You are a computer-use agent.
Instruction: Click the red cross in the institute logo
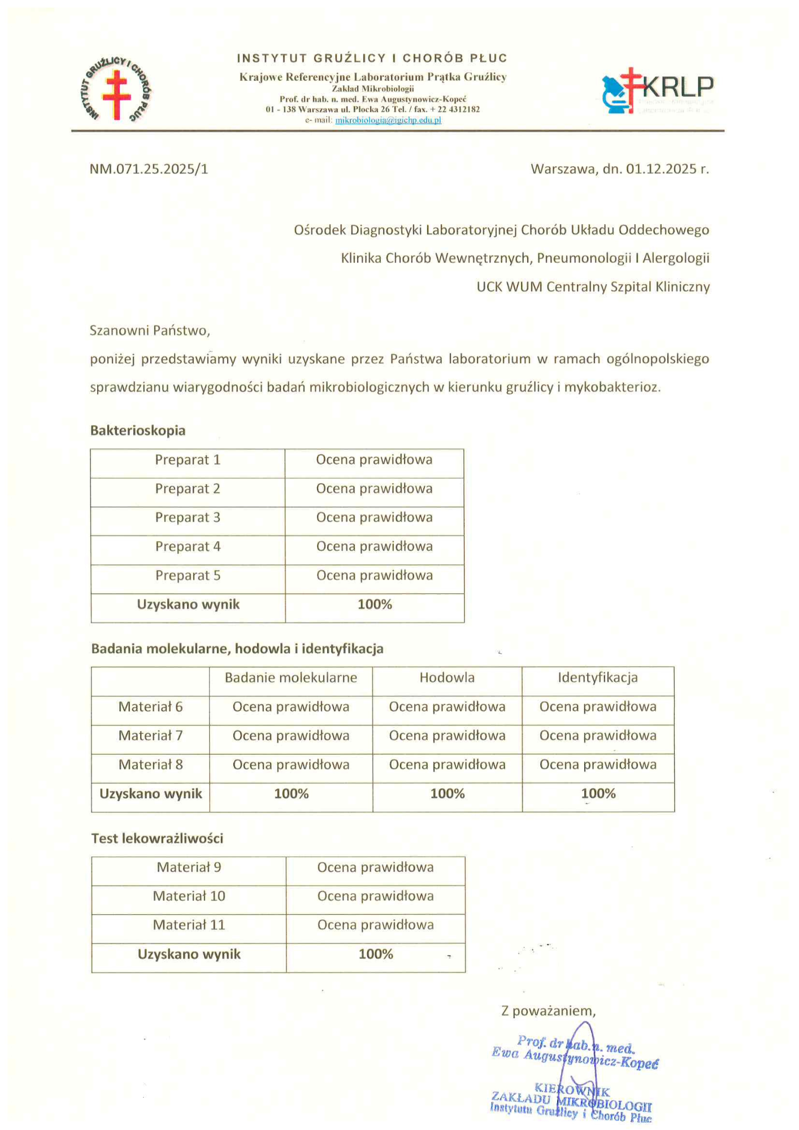coord(117,94)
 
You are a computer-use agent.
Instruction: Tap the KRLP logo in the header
coord(657,90)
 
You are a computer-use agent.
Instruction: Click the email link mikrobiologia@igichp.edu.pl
coord(388,120)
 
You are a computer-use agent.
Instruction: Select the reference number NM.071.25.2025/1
coord(149,169)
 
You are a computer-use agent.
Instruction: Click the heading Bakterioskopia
coord(138,431)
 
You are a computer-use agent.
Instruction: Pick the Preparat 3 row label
coord(188,518)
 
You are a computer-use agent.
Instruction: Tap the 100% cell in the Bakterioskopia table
coord(375,605)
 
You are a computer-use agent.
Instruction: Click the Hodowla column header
coord(447,678)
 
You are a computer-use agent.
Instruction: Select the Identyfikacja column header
coord(598,678)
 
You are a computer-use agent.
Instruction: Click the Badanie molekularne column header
coord(291,678)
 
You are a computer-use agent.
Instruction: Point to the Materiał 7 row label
coord(150,736)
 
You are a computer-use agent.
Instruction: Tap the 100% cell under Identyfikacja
coord(598,794)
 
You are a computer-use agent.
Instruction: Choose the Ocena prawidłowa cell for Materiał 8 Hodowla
coord(447,765)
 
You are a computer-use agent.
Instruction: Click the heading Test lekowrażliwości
coord(157,838)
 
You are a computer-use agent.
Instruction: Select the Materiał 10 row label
coord(189,896)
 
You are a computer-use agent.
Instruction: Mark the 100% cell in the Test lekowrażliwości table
coord(376,954)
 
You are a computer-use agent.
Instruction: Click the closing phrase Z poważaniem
coord(548,1011)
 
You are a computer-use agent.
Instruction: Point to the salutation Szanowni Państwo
coord(150,331)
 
